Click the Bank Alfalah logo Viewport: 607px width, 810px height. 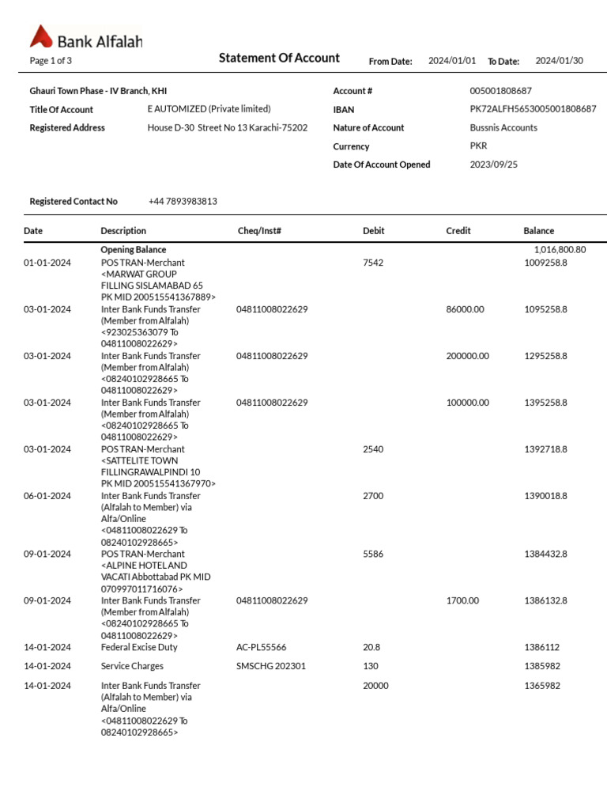pos(86,38)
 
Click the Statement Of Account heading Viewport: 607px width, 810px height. pos(279,58)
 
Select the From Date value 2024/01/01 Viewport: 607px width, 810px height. pos(452,61)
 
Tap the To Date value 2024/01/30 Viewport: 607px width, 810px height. pos(559,61)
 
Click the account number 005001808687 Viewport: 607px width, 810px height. pos(500,91)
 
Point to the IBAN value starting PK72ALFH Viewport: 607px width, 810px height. pos(533,109)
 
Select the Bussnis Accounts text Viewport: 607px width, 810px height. pos(503,127)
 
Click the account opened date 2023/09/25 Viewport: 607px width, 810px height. pos(494,165)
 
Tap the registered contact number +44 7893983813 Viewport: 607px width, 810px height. pos(183,202)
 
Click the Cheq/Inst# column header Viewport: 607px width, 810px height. pos(259,231)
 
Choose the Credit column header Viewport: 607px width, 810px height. pos(458,231)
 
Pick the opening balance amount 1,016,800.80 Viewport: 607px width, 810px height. pos(560,250)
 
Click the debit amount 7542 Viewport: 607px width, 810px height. pos(373,263)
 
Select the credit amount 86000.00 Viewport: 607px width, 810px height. pos(465,309)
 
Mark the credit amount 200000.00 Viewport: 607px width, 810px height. pos(467,356)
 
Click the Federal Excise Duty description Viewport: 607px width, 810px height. pos(139,647)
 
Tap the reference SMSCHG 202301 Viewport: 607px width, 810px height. pos(270,666)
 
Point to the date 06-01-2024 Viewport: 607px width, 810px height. pos(47,496)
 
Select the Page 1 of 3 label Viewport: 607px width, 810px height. pos(51,61)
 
